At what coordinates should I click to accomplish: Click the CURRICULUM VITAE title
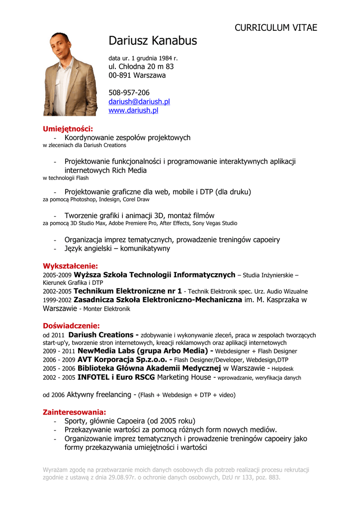[x=275, y=28]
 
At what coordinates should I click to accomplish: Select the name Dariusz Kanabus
[x=153, y=41]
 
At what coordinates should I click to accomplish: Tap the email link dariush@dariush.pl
[x=139, y=101]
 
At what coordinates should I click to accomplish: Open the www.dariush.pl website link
[x=133, y=110]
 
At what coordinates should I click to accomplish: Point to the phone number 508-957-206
[x=129, y=92]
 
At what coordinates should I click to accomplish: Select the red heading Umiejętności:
[x=68, y=129]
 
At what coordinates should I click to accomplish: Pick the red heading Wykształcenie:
[x=70, y=266]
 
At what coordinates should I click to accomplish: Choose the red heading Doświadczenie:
[x=72, y=326]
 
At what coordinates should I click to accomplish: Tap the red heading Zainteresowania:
[x=75, y=412]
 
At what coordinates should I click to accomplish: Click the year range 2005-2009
[x=57, y=275]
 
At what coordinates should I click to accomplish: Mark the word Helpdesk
[x=283, y=369]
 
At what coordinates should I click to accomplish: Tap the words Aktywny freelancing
[x=99, y=395]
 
